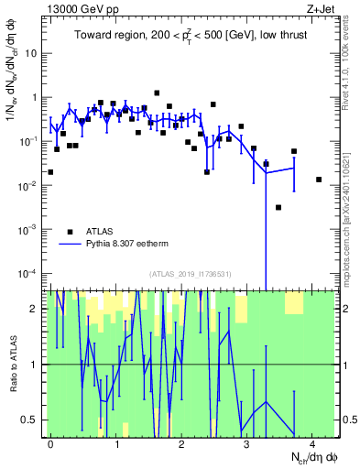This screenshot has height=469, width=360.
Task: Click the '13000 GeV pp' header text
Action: click(x=78, y=8)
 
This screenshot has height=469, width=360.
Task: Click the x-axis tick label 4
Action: click(x=312, y=443)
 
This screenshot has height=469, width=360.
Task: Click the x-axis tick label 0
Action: click(x=50, y=443)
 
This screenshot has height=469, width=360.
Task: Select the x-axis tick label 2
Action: click(x=181, y=443)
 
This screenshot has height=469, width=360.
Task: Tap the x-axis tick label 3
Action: click(x=246, y=443)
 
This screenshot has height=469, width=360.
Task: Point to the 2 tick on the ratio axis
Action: click(x=34, y=309)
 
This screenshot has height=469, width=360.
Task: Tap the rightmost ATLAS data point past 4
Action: click(x=319, y=180)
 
